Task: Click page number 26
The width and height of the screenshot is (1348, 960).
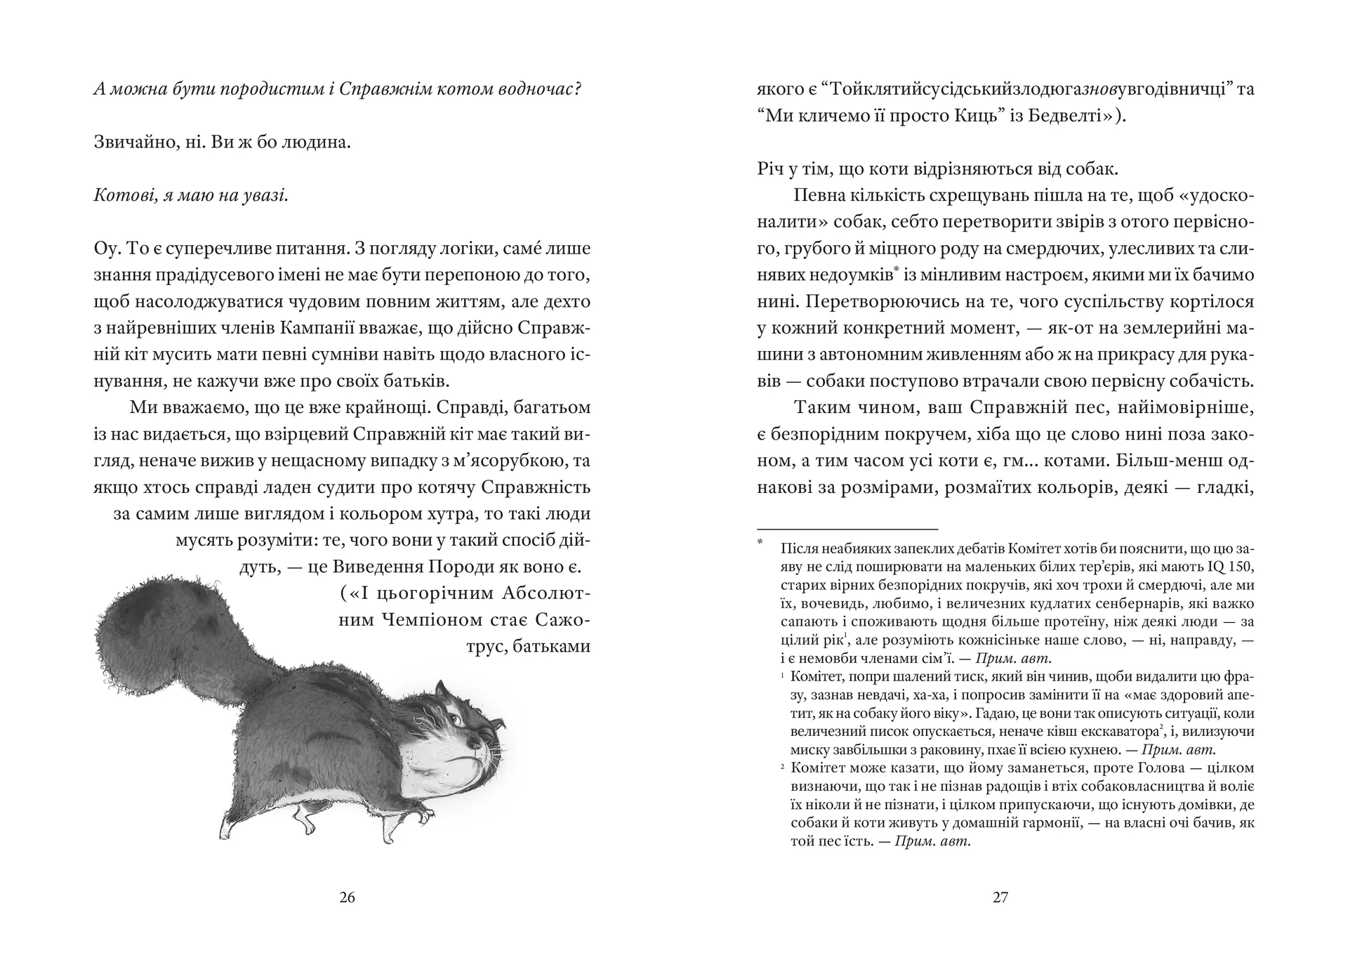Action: pos(347,897)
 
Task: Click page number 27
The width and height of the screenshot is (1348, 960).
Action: pos(1000,897)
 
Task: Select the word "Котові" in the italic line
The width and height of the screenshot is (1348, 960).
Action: pos(119,196)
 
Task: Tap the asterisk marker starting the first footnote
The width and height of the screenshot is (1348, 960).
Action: pos(760,542)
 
